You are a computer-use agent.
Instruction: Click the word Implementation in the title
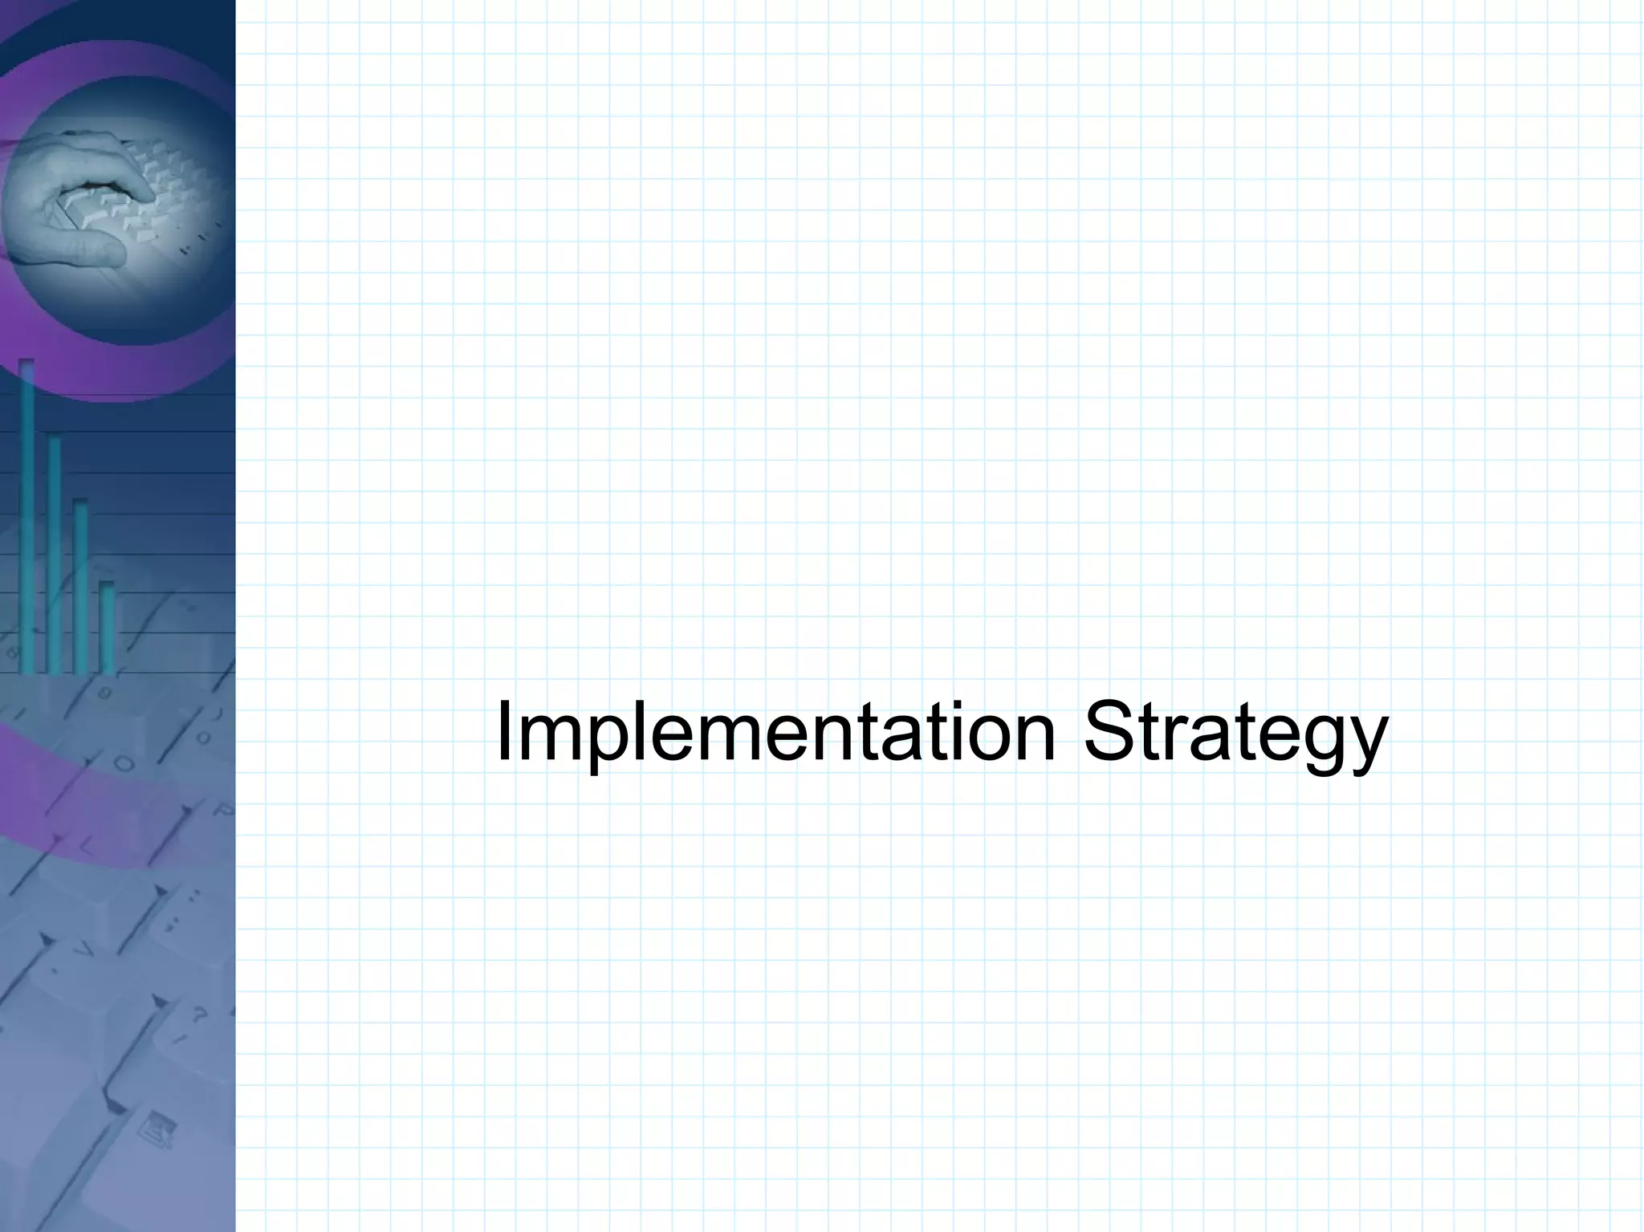point(775,732)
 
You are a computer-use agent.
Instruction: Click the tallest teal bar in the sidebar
point(26,514)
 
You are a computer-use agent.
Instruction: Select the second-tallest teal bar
point(54,554)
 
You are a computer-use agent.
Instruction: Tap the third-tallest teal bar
point(80,586)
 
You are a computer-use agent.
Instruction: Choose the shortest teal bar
point(107,626)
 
